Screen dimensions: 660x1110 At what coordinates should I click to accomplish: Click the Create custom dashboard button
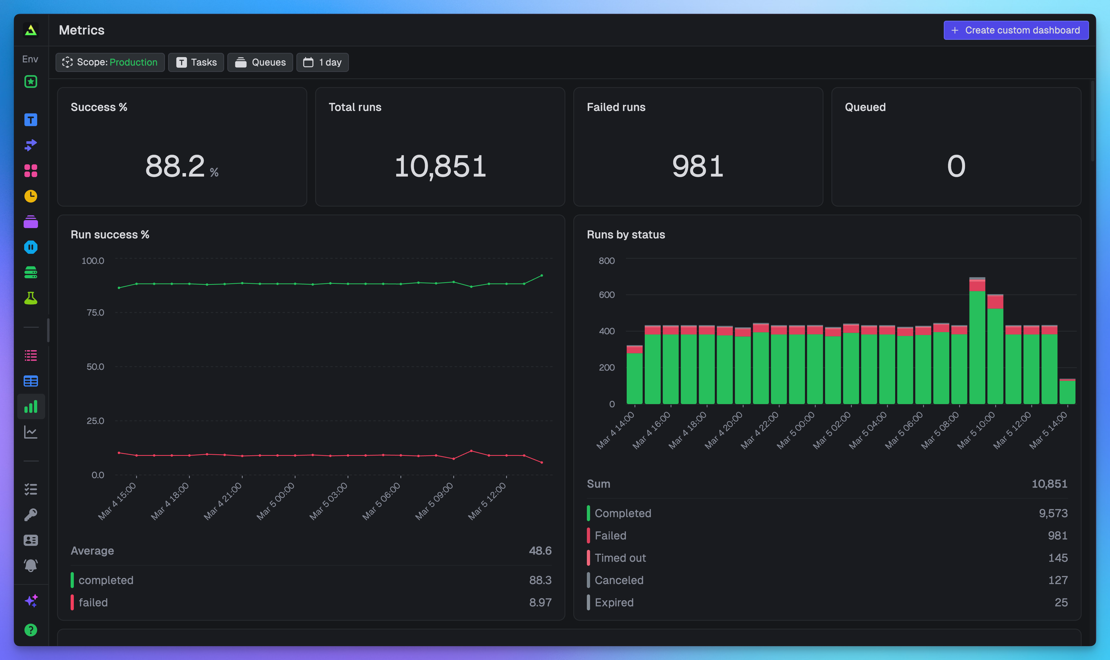tap(1016, 30)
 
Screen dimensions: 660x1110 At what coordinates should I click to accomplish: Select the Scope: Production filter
tap(110, 62)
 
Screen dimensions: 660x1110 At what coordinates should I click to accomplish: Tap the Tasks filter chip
tap(196, 62)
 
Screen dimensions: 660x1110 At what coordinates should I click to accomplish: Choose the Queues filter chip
tap(260, 62)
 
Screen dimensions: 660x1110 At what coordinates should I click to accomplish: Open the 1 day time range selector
tap(322, 62)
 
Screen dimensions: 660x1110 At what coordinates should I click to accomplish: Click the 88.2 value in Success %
tap(175, 166)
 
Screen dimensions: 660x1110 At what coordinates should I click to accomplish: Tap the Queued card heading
tap(865, 107)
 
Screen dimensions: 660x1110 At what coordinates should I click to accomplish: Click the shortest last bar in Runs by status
tap(1067, 392)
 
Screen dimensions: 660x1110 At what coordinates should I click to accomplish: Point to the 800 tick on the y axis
tap(607, 261)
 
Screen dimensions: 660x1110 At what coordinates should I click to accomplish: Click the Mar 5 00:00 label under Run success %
tap(276, 501)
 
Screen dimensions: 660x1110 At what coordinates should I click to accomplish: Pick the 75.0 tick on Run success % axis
tap(95, 313)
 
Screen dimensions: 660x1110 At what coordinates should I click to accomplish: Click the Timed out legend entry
tap(620, 558)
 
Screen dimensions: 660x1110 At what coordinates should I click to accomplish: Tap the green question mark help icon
tap(31, 630)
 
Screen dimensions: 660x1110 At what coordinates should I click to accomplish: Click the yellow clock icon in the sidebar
tap(31, 196)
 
